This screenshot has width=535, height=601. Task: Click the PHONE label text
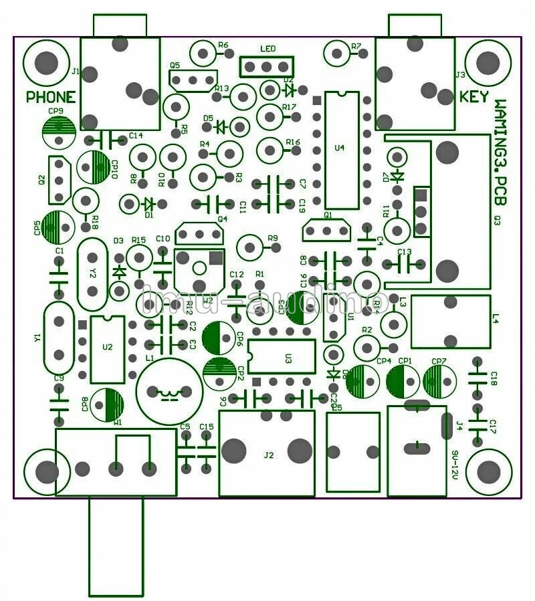[x=51, y=97]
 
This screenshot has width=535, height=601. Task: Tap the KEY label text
[x=474, y=96]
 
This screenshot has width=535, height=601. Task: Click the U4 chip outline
[x=342, y=150]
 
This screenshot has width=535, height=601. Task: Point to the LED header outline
[x=267, y=66]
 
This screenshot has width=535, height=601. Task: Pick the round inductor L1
[x=169, y=390]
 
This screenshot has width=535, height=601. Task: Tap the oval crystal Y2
[x=93, y=273]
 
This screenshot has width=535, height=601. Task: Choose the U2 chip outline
[x=107, y=348]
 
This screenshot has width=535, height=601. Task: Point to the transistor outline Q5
[x=194, y=80]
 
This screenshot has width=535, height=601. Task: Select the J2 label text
[x=269, y=455]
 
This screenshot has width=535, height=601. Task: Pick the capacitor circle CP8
[x=107, y=404]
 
